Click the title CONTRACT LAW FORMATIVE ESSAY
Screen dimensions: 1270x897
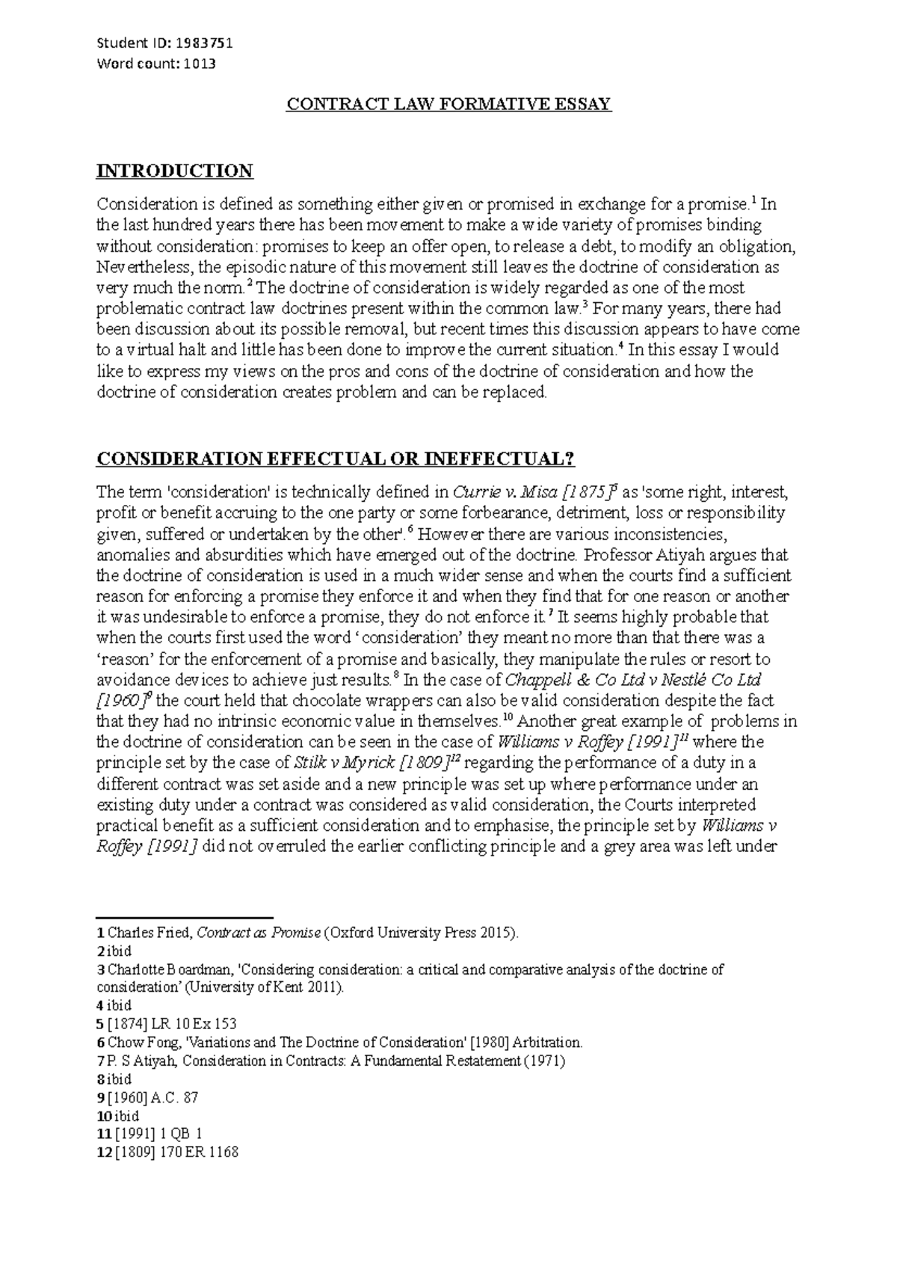click(449, 104)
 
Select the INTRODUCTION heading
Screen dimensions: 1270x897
click(175, 171)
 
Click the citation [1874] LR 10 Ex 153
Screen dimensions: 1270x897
click(172, 1024)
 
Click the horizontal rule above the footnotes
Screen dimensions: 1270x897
click(185, 918)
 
